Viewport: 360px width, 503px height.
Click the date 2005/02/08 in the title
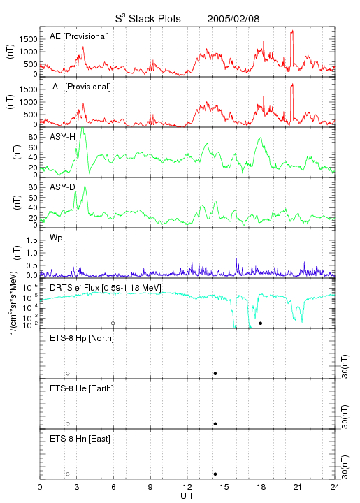(x=233, y=19)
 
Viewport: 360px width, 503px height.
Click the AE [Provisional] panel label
(x=79, y=36)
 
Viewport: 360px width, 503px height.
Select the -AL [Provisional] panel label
(x=80, y=87)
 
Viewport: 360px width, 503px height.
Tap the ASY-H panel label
(x=63, y=137)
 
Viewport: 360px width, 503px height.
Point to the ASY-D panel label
(x=63, y=187)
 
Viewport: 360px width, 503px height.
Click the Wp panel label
(x=56, y=238)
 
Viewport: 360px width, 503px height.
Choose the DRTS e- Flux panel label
(x=106, y=288)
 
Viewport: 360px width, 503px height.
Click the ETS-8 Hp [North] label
(x=82, y=338)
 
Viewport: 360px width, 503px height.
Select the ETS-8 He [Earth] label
(x=82, y=388)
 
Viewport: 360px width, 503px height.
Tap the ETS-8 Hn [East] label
(x=80, y=439)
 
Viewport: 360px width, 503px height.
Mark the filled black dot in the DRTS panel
(x=261, y=323)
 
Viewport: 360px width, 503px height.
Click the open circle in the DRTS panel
(x=113, y=323)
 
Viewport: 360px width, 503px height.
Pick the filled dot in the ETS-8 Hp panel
(x=215, y=373)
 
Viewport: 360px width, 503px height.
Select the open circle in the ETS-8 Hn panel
(x=68, y=474)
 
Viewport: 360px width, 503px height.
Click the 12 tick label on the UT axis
(x=187, y=487)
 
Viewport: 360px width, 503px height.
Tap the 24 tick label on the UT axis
(x=334, y=487)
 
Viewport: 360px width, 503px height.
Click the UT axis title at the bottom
(x=187, y=496)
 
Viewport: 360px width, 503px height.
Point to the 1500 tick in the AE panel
(x=28, y=39)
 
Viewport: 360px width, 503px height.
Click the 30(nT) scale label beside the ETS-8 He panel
(x=345, y=417)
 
